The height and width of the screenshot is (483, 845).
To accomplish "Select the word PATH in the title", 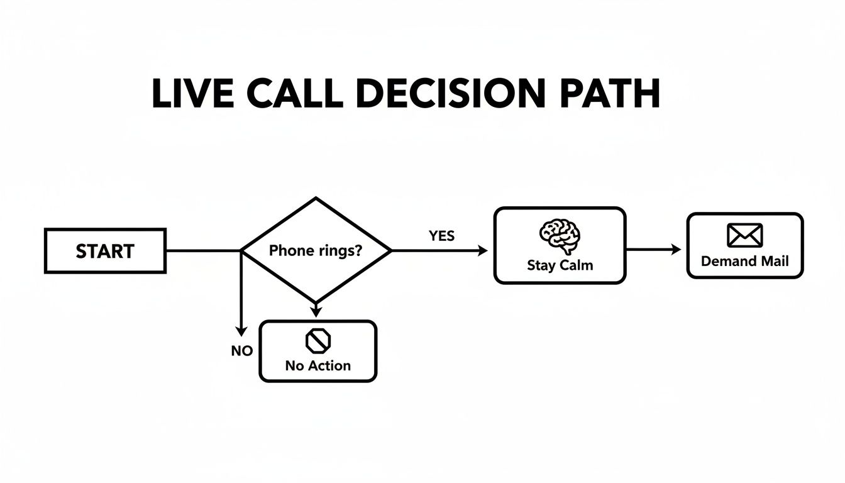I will tap(608, 94).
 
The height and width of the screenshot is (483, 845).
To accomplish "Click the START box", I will tap(105, 251).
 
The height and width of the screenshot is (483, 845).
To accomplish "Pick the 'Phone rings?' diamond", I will tap(316, 250).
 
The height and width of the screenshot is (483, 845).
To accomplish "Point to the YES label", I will tap(441, 236).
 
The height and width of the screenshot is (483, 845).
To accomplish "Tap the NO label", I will tap(241, 351).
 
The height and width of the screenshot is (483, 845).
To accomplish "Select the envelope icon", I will tap(744, 235).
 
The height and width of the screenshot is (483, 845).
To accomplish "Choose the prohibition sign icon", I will tap(318, 341).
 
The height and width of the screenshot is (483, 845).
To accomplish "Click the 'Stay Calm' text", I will tap(560, 265).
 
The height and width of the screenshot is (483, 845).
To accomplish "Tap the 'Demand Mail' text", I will tap(744, 261).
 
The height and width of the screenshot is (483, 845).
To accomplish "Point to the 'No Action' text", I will tap(318, 365).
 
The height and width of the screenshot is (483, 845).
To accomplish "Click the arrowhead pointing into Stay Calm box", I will tap(483, 251).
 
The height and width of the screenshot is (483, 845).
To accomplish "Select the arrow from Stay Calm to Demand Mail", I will tap(654, 250).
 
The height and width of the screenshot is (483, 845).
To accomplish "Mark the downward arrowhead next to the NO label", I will tap(240, 331).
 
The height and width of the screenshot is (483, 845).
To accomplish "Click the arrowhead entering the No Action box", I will tap(316, 311).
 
